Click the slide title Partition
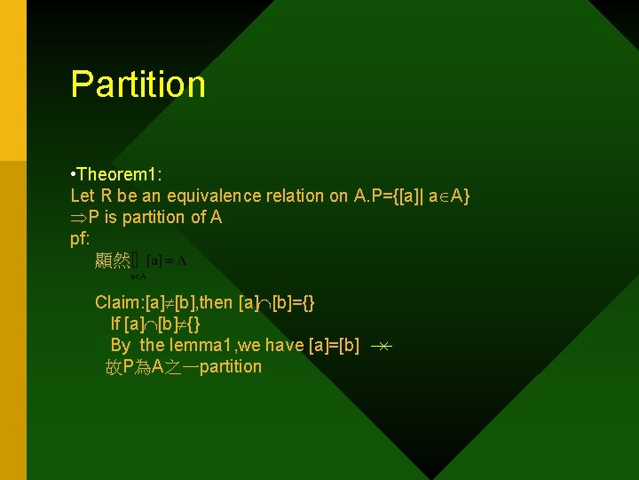point(138,84)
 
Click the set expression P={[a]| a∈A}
point(412,196)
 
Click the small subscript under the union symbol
point(138,276)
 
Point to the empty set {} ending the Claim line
point(306,302)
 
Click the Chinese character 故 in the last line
point(114,366)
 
